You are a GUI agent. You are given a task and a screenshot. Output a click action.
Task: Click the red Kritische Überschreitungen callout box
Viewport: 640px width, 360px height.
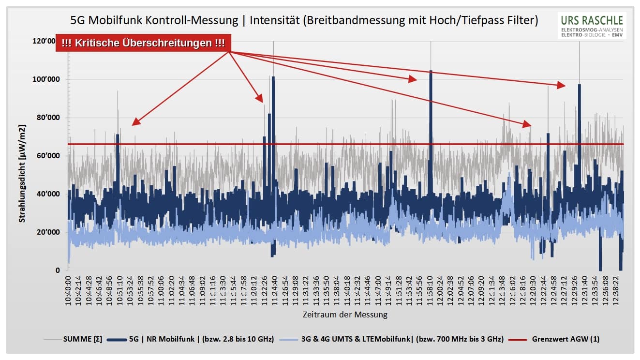143,43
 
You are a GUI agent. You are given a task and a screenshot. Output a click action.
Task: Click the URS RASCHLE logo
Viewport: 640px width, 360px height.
592,26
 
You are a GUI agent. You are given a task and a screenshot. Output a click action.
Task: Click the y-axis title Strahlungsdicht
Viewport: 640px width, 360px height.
22,173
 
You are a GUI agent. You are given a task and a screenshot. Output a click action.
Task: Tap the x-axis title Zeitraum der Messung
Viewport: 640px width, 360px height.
345,315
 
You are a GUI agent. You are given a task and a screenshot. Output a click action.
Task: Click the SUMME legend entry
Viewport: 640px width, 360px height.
82,339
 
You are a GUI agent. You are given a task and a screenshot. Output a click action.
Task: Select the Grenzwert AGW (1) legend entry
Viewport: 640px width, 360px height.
565,339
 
